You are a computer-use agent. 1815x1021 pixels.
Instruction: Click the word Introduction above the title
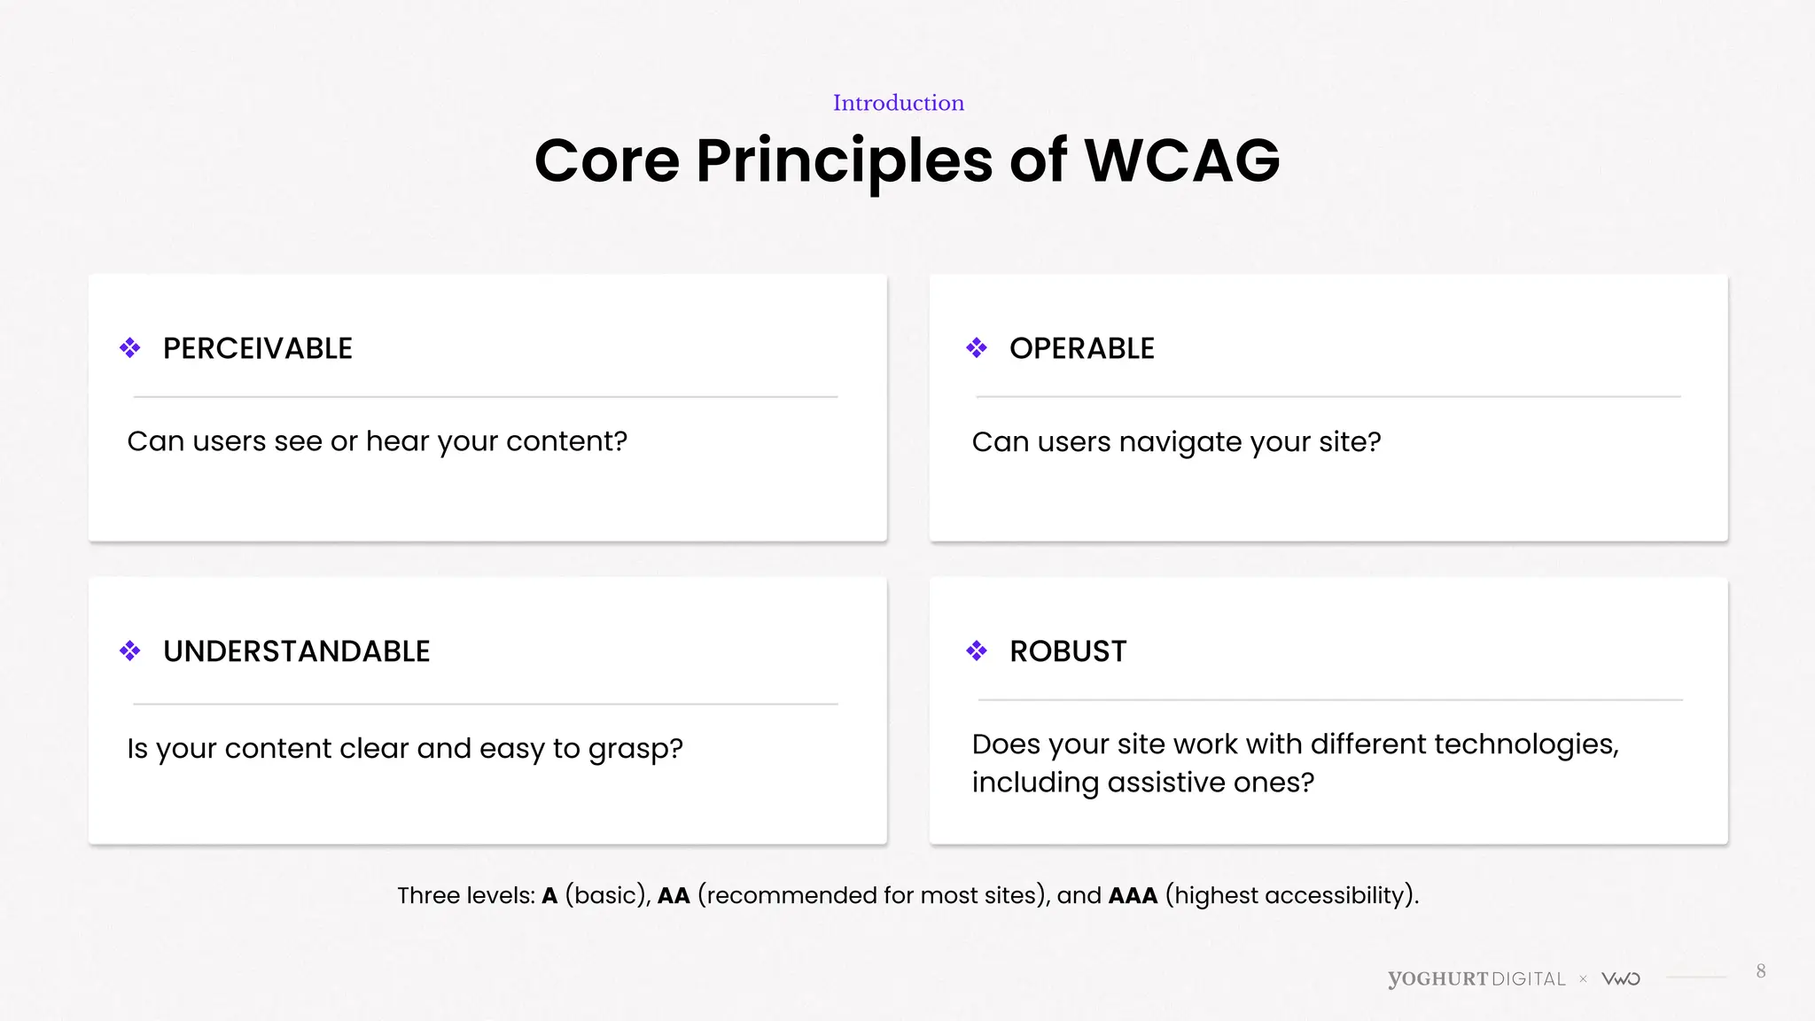[898, 103]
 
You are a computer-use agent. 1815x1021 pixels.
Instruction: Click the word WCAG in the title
[1181, 161]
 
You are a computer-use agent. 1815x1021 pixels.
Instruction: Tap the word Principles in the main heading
[844, 161]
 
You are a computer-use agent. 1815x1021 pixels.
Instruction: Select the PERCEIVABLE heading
[257, 348]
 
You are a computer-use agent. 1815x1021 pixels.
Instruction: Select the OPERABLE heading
[1081, 348]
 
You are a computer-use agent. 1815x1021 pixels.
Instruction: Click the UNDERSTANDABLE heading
[296, 651]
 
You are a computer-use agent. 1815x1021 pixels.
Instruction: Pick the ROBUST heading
[1068, 651]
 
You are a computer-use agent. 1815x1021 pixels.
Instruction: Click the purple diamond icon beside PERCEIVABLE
[130, 347]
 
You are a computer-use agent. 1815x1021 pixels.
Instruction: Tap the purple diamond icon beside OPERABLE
[977, 347]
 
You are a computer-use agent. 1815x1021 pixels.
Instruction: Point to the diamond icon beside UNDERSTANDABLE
[130, 651]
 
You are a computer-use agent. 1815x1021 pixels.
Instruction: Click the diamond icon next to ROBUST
[977, 651]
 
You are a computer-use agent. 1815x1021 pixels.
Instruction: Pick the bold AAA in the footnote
[1133, 896]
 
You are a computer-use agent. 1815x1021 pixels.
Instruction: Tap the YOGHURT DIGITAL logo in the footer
[1476, 978]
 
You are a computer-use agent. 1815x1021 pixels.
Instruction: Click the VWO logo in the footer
[1621, 978]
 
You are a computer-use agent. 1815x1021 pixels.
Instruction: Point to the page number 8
[1761, 971]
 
